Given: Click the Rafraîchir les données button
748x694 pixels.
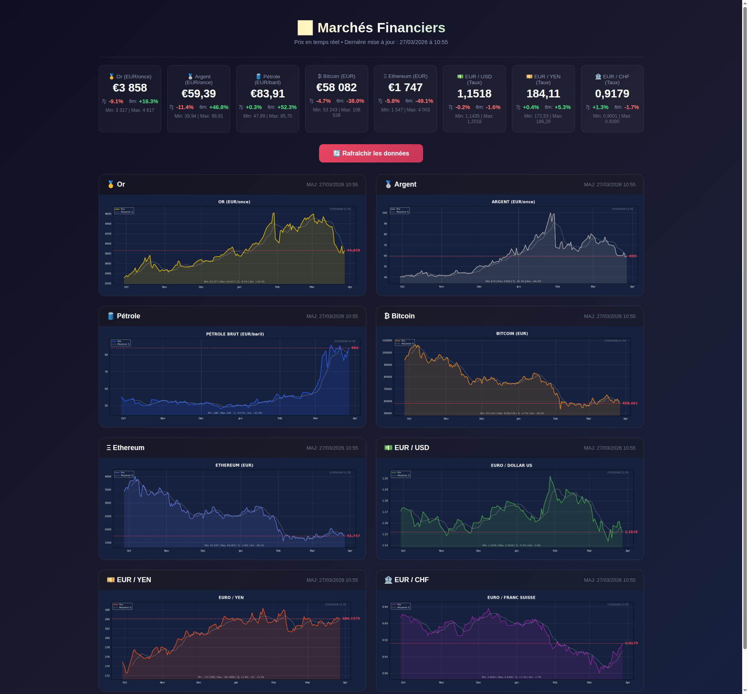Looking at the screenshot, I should point(371,153).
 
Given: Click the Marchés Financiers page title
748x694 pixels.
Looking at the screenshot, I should point(381,28).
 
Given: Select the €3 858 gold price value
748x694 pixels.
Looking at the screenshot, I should point(130,88).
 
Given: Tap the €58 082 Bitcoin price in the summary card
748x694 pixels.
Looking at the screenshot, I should point(336,88).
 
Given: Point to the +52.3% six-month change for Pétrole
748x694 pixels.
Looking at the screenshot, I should point(287,107).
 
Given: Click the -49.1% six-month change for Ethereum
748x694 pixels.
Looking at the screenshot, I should point(424,101).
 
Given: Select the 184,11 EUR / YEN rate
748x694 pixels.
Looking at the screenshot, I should point(543,94).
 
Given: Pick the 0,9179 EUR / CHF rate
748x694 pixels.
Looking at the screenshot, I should point(612,94).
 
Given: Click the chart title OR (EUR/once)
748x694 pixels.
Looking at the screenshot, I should point(234,202).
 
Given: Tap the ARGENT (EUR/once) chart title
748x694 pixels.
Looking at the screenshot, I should point(513,202).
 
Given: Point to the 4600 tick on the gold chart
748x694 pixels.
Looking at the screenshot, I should point(108,214).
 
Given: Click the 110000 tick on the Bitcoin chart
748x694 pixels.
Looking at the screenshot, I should point(387,341).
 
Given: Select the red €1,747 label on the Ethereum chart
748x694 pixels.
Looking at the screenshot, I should point(353,536).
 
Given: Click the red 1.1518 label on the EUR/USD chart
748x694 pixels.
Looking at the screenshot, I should point(631,532).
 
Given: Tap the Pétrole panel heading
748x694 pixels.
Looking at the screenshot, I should point(128,316).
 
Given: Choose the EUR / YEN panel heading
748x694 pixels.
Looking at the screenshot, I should point(134,580).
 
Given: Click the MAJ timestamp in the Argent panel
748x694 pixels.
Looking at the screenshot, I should point(609,185).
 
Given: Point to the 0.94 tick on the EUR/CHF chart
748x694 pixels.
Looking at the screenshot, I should point(385,607).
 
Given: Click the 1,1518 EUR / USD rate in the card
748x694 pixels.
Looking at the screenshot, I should point(474,94).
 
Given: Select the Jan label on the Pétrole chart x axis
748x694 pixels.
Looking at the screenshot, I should point(240,419).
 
